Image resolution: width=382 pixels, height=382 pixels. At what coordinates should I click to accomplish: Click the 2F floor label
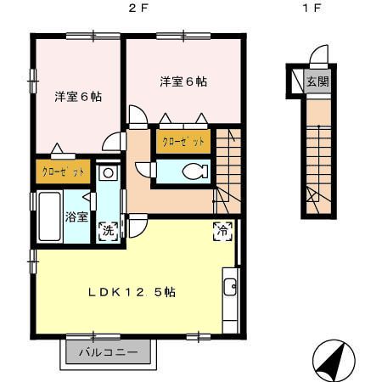[138, 8]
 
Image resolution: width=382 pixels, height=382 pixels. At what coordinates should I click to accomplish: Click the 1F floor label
[312, 8]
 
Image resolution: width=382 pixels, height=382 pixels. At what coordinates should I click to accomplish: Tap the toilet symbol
[195, 171]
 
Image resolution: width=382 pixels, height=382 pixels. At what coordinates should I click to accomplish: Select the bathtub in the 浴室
[50, 216]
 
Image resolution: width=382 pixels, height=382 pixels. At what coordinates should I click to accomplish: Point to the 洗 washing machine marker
[108, 231]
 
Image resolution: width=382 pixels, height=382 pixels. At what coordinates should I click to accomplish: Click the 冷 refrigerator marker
[222, 231]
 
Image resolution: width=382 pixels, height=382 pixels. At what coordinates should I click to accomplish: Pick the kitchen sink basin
[230, 287]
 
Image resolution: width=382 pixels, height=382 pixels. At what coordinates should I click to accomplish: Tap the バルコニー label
[109, 352]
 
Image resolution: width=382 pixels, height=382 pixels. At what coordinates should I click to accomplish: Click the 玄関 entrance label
[317, 81]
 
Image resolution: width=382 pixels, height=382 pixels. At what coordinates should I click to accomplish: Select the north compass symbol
[334, 361]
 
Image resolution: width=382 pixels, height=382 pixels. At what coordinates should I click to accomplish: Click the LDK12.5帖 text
[132, 292]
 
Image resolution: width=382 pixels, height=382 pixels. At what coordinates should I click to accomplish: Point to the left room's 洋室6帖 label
[78, 97]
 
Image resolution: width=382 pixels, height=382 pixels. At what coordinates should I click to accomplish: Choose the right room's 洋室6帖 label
[183, 81]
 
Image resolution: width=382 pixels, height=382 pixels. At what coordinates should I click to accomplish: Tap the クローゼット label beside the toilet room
[183, 141]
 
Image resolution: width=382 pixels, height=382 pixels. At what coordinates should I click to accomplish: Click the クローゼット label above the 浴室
[63, 171]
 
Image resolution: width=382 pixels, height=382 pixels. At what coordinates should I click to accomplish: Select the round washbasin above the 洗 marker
[108, 172]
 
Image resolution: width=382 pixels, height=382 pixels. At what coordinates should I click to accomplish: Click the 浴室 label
[76, 216]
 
